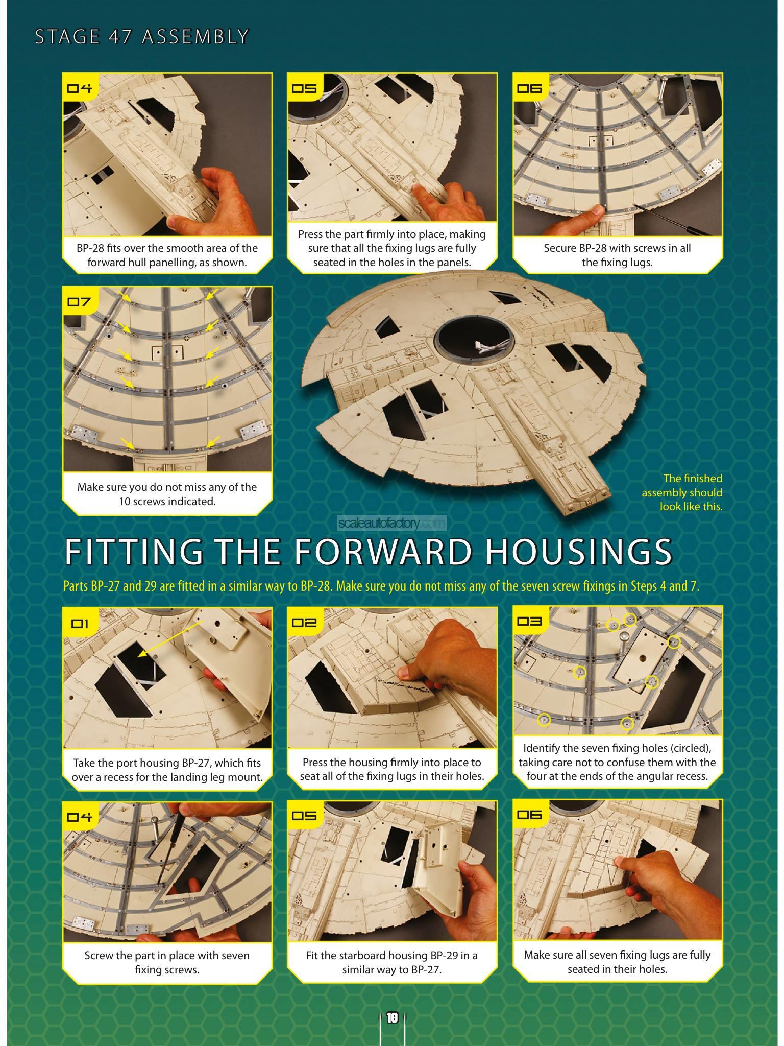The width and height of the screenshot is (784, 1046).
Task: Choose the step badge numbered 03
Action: (x=529, y=622)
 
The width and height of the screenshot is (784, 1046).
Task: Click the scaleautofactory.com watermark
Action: (x=392, y=523)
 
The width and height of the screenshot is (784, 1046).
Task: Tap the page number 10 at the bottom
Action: (x=392, y=1018)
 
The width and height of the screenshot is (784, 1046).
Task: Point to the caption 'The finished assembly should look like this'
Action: (x=682, y=492)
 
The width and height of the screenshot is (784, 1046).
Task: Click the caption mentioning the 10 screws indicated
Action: (x=167, y=494)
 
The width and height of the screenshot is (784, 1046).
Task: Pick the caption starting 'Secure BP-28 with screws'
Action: (x=617, y=255)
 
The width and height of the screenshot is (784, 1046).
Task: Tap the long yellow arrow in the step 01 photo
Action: (x=171, y=635)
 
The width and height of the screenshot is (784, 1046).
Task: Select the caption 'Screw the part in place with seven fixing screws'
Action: (x=167, y=962)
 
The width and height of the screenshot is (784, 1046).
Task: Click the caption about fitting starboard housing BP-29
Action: (x=392, y=962)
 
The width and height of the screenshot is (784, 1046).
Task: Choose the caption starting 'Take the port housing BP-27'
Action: (x=167, y=770)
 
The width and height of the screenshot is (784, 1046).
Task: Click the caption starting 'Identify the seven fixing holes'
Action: (x=617, y=762)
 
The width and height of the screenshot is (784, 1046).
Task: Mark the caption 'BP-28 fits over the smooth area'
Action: (x=167, y=255)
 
